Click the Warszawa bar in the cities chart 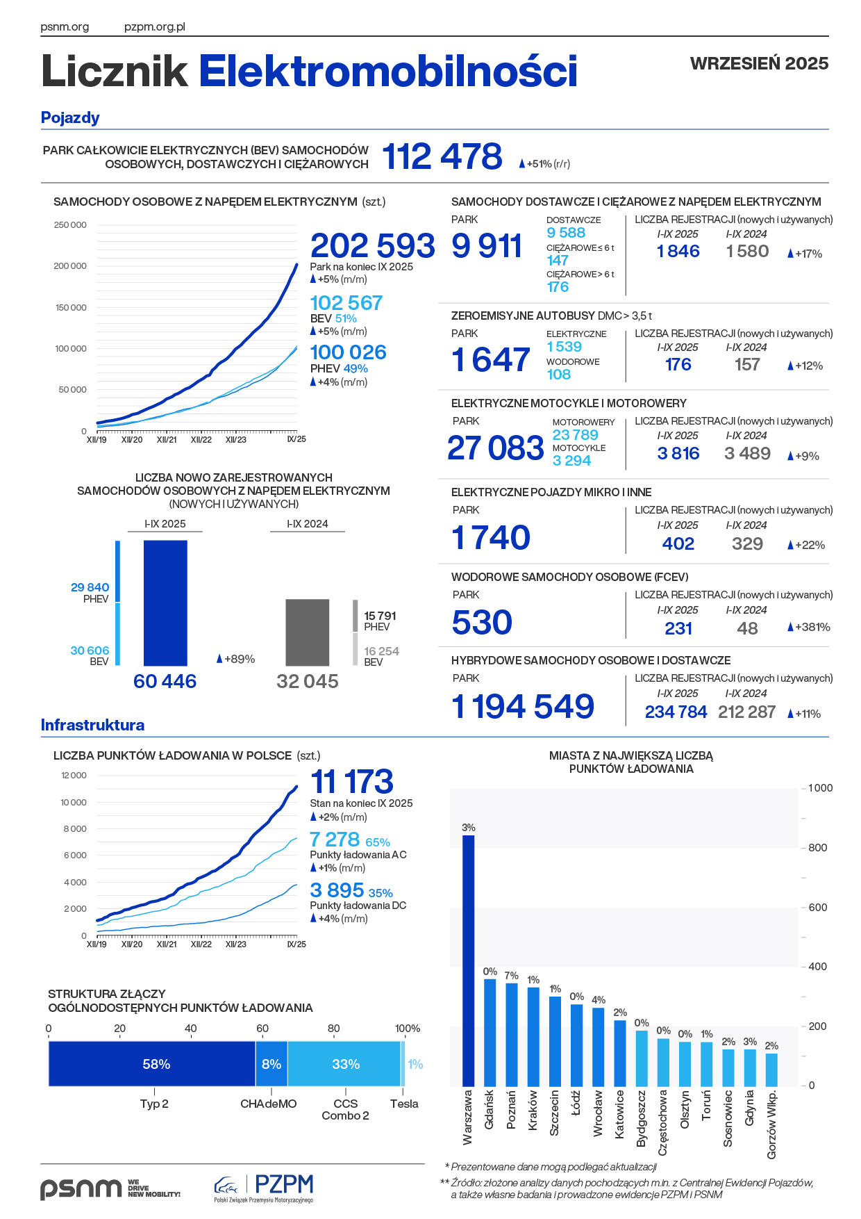(469, 959)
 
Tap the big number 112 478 (442, 156)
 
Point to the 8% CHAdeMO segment (271, 1064)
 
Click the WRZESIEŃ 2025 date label (759, 63)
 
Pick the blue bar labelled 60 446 (165, 603)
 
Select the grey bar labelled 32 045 (308, 632)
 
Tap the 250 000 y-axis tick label (70, 225)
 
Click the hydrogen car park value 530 (482, 623)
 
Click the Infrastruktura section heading (92, 725)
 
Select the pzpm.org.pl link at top (154, 27)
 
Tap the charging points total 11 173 (352, 782)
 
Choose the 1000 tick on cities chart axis (820, 788)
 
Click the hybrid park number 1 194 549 (523, 707)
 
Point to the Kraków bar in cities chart (533, 1036)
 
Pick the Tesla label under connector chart (404, 1104)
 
